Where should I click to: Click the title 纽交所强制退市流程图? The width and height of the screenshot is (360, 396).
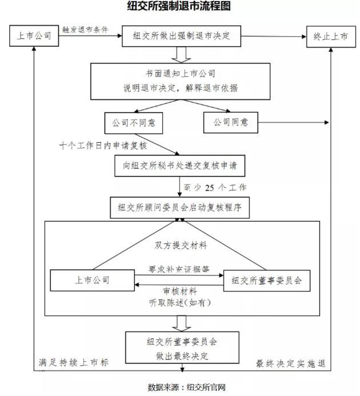[x=180, y=7]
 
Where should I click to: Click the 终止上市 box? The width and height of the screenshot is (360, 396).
[x=330, y=36]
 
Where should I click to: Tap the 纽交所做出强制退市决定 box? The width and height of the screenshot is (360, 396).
[x=182, y=36]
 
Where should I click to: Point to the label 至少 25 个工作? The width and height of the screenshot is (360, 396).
[x=217, y=187]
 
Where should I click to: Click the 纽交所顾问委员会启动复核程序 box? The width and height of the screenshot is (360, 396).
[x=179, y=207]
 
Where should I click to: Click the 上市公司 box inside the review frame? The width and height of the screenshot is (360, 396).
[x=92, y=280]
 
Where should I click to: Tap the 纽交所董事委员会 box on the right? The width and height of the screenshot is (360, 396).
[x=266, y=280]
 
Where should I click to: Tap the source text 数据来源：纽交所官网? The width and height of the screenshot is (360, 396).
[x=179, y=387]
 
